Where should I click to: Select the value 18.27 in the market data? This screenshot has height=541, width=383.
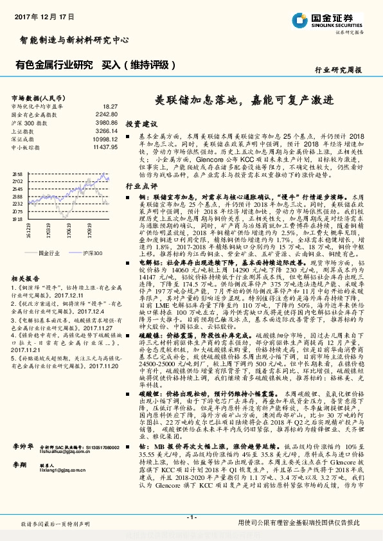[110, 106]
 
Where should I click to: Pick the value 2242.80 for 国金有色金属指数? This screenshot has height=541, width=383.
[106, 114]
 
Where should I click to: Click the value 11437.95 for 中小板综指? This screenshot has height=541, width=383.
[105, 147]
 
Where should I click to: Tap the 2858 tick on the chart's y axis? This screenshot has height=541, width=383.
[17, 174]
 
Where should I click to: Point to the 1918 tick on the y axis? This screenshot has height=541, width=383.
[17, 218]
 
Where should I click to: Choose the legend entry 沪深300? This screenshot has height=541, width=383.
[92, 253]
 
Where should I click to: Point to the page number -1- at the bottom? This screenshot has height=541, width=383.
[191, 517]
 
